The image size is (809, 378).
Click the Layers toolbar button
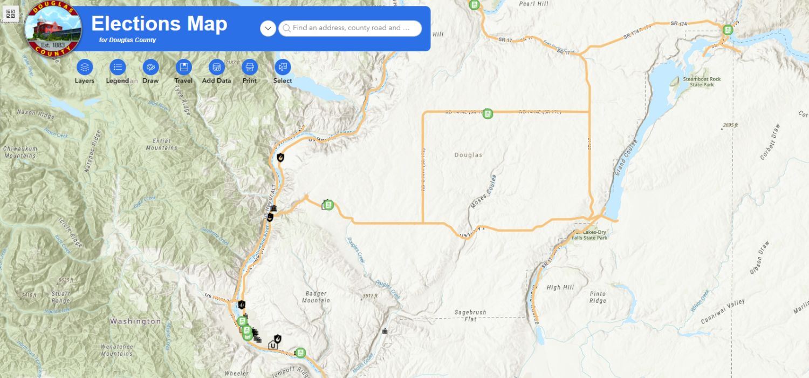click(x=84, y=67)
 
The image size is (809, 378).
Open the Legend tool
click(x=118, y=67)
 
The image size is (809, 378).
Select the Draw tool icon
click(x=150, y=67)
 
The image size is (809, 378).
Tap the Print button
click(x=249, y=67)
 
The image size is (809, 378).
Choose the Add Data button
click(x=216, y=67)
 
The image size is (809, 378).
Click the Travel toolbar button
click(x=183, y=67)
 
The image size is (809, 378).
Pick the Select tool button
click(x=283, y=67)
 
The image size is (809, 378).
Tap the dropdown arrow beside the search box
click(x=268, y=28)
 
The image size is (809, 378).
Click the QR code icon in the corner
click(x=10, y=13)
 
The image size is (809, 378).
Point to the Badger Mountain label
click(x=316, y=297)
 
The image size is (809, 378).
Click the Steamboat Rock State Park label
click(x=701, y=82)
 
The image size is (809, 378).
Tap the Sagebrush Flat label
click(x=470, y=315)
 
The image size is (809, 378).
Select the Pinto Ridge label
click(x=597, y=298)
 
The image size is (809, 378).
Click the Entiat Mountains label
click(x=161, y=144)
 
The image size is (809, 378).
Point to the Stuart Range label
click(x=60, y=297)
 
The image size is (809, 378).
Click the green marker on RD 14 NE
click(x=488, y=113)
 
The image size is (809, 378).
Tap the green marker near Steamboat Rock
click(x=728, y=30)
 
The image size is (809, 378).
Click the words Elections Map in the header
click(x=159, y=24)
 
